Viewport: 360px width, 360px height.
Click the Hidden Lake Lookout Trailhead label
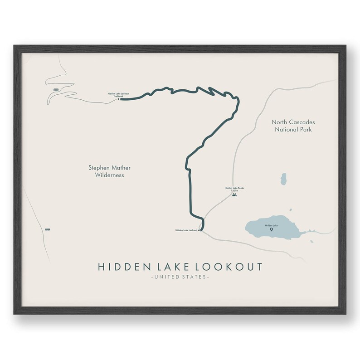coord(118,95)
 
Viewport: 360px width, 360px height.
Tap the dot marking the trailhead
coord(119,99)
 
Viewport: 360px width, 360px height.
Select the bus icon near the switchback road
coord(56,89)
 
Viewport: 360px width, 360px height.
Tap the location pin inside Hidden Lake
coord(271,230)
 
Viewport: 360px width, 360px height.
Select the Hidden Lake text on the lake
coord(271,225)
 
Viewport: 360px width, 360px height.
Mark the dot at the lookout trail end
coord(200,230)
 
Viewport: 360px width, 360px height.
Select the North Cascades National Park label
coord(293,126)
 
